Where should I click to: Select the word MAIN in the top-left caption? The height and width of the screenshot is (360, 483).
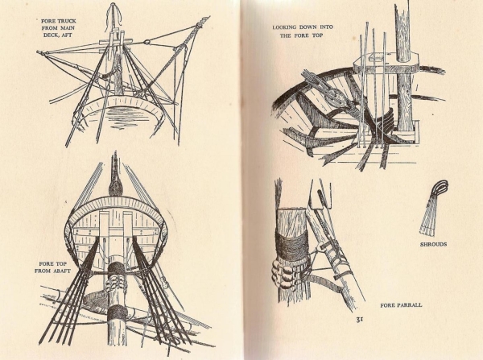coord(67,28)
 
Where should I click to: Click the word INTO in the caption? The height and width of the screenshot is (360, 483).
coord(327,27)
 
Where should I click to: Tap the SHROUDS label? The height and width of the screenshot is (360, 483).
coord(433,244)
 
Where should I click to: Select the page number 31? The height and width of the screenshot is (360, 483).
coord(360,320)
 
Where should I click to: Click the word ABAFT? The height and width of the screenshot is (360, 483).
coord(62,271)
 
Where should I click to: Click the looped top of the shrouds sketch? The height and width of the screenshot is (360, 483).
coord(440,188)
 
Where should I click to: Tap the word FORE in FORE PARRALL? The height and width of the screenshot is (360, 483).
coord(387,305)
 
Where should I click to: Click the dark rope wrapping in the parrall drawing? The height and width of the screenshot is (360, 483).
coord(291,246)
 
